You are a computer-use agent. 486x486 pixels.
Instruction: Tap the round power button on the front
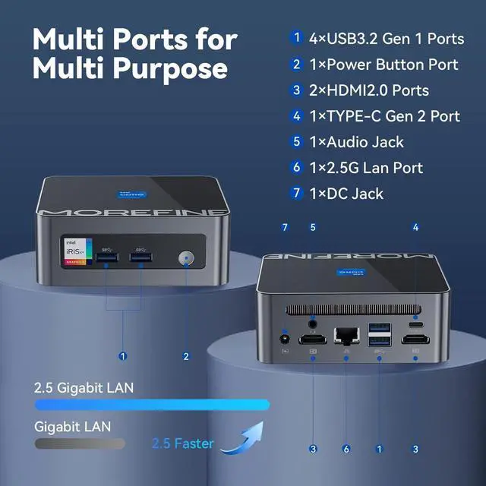tap(186, 260)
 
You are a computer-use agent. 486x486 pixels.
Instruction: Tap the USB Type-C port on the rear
tap(416, 321)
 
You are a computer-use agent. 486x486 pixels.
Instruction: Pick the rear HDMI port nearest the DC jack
tap(313, 339)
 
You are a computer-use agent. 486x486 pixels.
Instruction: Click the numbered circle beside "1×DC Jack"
tap(297, 194)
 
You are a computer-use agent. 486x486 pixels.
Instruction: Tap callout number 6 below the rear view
tap(346, 449)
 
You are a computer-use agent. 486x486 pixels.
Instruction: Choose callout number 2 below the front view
tap(186, 355)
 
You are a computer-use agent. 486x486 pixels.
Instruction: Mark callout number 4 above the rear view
tap(415, 226)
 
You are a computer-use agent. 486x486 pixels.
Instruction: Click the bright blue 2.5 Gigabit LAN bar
tap(152, 405)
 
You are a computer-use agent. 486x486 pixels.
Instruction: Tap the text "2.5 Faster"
tap(182, 443)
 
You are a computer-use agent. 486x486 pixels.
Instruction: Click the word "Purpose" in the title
tap(169, 68)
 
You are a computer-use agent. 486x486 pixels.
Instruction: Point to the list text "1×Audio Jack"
tap(355, 142)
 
